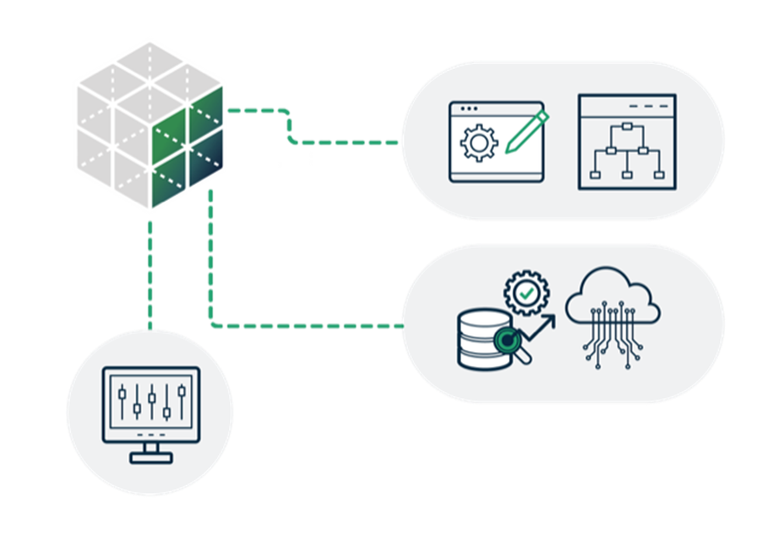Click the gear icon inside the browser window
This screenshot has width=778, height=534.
tap(478, 142)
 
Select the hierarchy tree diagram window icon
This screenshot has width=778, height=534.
tap(627, 142)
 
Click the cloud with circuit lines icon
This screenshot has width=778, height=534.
tap(613, 315)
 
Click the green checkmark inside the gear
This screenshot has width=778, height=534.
tap(527, 293)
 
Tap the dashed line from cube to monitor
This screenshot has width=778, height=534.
tap(149, 272)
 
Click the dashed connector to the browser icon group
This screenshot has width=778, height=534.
tap(342, 142)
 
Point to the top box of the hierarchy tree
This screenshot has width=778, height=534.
tap(627, 126)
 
